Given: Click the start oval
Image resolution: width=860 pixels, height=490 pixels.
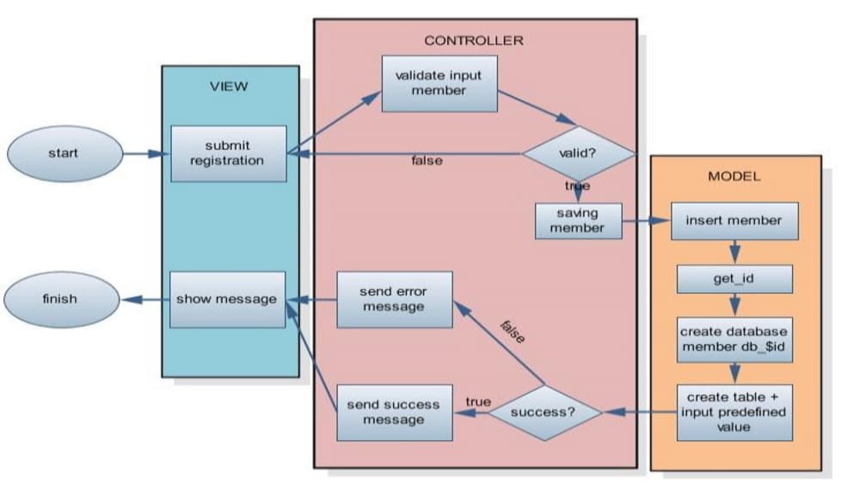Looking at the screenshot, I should pyautogui.click(x=63, y=154).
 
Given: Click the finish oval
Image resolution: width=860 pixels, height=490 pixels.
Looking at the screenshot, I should pyautogui.click(x=59, y=299).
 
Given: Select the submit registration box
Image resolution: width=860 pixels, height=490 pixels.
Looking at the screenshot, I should pyautogui.click(x=228, y=154).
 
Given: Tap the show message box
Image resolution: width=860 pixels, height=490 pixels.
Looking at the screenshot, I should pyautogui.click(x=227, y=299).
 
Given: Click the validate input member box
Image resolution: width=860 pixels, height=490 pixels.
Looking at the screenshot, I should pyautogui.click(x=439, y=83).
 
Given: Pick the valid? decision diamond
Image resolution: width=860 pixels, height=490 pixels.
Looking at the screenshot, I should pyautogui.click(x=578, y=154).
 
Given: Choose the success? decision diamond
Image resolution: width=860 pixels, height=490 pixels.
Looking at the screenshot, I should pyautogui.click(x=544, y=412).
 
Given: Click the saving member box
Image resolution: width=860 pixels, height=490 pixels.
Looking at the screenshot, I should pyautogui.click(x=577, y=221).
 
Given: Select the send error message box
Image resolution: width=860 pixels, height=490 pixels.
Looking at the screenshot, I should pyautogui.click(x=394, y=299).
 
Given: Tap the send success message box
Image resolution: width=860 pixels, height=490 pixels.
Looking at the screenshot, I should pyautogui.click(x=394, y=412).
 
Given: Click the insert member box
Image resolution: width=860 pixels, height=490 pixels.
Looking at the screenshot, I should pyautogui.click(x=734, y=221).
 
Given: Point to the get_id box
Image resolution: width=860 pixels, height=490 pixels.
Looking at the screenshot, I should pyautogui.click(x=734, y=279).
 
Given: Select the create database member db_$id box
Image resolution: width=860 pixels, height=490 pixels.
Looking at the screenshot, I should pyautogui.click(x=734, y=338).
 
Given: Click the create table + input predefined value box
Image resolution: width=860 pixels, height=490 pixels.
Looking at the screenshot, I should pyautogui.click(x=734, y=412).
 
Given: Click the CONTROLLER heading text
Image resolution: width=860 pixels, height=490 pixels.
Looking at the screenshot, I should pyautogui.click(x=474, y=40).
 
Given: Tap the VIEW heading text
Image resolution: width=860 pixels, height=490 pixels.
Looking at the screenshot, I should pyautogui.click(x=229, y=86).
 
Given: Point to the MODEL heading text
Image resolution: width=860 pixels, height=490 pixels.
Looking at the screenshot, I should pyautogui.click(x=734, y=176).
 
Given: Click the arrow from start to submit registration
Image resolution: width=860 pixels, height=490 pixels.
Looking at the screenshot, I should pyautogui.click(x=145, y=155).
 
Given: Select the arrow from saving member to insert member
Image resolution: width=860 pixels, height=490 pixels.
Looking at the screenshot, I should pyautogui.click(x=645, y=221).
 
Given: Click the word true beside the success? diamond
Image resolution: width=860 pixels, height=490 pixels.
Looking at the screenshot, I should pyautogui.click(x=478, y=401).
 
